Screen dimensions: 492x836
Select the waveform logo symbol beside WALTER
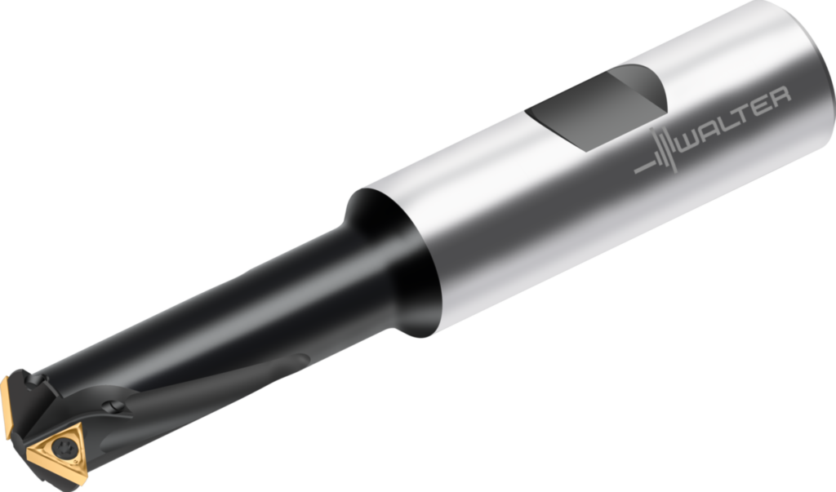(x=660, y=151)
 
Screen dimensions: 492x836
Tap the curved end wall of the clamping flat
(x=645, y=90)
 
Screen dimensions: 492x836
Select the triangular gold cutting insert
(x=60, y=448)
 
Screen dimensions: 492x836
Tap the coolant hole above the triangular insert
(x=115, y=406)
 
